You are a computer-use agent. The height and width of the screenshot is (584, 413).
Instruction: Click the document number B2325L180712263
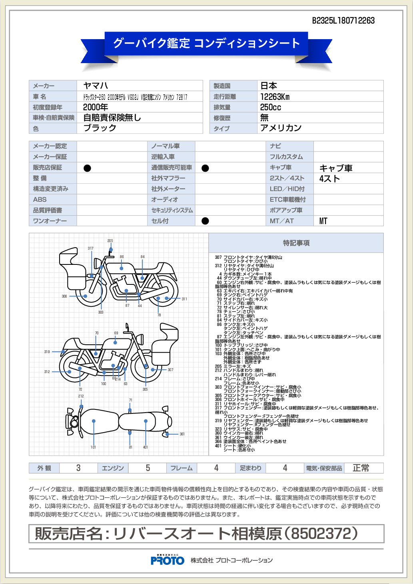343,20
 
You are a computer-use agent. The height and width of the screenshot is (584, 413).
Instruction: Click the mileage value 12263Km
275,97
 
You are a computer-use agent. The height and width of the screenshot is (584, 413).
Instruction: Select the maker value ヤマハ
96,85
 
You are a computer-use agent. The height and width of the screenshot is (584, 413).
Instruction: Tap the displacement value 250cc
270,107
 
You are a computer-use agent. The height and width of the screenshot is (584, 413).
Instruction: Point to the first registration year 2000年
96,107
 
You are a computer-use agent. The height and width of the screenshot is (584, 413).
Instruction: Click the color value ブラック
100,128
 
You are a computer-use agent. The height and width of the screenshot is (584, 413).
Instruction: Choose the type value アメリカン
281,128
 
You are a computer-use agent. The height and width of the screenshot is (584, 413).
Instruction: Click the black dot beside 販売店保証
87,168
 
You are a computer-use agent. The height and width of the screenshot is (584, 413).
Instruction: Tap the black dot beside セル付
205,221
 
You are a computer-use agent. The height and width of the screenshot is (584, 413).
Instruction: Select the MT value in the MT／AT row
323,221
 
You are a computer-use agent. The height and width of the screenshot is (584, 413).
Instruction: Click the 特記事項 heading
296,243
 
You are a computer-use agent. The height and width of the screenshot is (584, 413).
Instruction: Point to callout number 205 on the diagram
110,241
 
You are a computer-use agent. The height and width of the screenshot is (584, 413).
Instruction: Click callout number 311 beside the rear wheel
184,299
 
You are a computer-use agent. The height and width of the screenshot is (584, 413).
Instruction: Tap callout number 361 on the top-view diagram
182,434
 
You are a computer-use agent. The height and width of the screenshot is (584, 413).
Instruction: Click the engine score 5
148,468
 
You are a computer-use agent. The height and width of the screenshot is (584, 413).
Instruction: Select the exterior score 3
78,468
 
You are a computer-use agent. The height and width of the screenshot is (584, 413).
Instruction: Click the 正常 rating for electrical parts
361,468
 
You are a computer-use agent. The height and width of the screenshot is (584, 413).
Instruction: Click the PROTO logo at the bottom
168,560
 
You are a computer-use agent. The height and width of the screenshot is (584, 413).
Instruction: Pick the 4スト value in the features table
329,179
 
